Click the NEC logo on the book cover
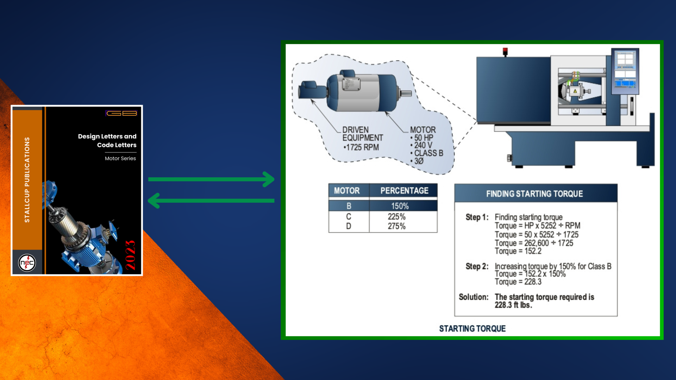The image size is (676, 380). tap(27, 263)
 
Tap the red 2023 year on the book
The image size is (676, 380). tap(130, 255)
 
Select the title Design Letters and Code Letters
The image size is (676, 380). tap(107, 140)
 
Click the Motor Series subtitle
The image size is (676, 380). tap(120, 158)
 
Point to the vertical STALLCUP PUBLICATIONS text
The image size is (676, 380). tap(27, 180)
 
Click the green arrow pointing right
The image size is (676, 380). tap(211, 179)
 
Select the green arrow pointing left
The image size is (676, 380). tap(211, 201)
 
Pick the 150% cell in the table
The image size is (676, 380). tap(400, 206)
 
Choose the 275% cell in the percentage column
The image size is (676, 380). tap(397, 226)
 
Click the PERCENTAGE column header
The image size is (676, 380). tap(404, 191)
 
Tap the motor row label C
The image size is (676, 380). tap(349, 216)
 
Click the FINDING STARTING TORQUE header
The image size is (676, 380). tap(534, 194)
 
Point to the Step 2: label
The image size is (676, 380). tap(477, 266)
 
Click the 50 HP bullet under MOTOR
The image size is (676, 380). tap(422, 138)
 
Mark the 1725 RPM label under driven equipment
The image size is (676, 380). tap(361, 147)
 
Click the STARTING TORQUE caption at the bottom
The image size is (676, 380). tap(472, 329)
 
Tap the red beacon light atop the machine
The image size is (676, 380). tap(505, 51)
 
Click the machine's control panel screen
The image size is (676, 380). tap(625, 70)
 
